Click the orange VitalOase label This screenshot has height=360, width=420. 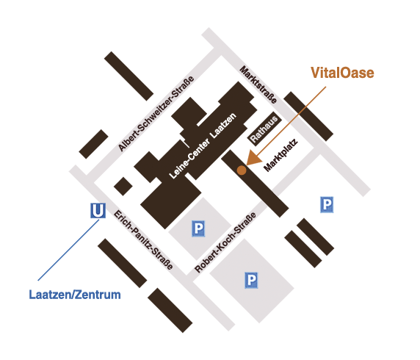tap(342, 73)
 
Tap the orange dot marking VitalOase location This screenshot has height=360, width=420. tap(242, 170)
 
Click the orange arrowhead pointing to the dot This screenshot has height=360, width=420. tap(253, 158)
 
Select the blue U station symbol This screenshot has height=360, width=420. tap(98, 210)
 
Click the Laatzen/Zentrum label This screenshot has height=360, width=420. tap(75, 295)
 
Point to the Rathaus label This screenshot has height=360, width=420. tap(264, 129)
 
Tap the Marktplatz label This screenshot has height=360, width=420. tap(280, 155)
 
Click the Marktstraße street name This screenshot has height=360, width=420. tap(258, 84)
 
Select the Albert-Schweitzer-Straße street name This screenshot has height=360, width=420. tap(156, 113)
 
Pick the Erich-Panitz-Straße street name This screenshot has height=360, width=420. tap(143, 240)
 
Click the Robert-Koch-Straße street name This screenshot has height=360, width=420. tap(225, 242)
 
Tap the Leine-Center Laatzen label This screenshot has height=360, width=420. tap(203, 145)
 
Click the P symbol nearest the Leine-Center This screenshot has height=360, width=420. tap(198, 228)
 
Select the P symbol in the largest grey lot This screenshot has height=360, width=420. tap(251, 280)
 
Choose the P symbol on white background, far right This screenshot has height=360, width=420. tap(327, 204)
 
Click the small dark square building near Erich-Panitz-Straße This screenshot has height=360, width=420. tap(123, 187)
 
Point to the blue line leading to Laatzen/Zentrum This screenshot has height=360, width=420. tap(68, 250)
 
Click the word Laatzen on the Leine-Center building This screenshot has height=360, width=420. tap(223, 126)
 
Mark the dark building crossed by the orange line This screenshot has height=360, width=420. tap(308, 116)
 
